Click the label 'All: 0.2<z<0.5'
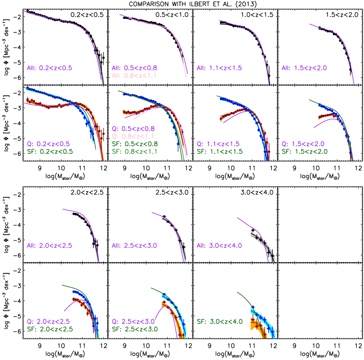click(x=49, y=68)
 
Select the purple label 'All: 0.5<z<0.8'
click(x=134, y=68)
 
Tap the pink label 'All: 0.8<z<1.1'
click(x=134, y=75)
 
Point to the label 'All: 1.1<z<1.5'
click(x=219, y=68)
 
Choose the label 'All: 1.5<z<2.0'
click(x=304, y=68)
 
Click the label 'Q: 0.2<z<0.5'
click(x=48, y=144)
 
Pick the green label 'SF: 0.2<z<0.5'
click(x=49, y=152)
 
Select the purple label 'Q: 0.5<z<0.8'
click(x=133, y=129)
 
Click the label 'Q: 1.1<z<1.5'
click(x=218, y=144)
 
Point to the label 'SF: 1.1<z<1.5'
click(x=219, y=152)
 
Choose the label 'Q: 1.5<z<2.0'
click(x=303, y=144)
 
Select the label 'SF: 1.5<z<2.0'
click(x=304, y=152)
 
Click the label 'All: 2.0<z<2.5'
click(x=49, y=246)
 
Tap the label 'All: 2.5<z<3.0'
click(x=134, y=246)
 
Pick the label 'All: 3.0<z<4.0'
click(x=219, y=246)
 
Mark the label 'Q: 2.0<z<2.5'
click(x=48, y=321)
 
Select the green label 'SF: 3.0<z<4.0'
click(x=219, y=321)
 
